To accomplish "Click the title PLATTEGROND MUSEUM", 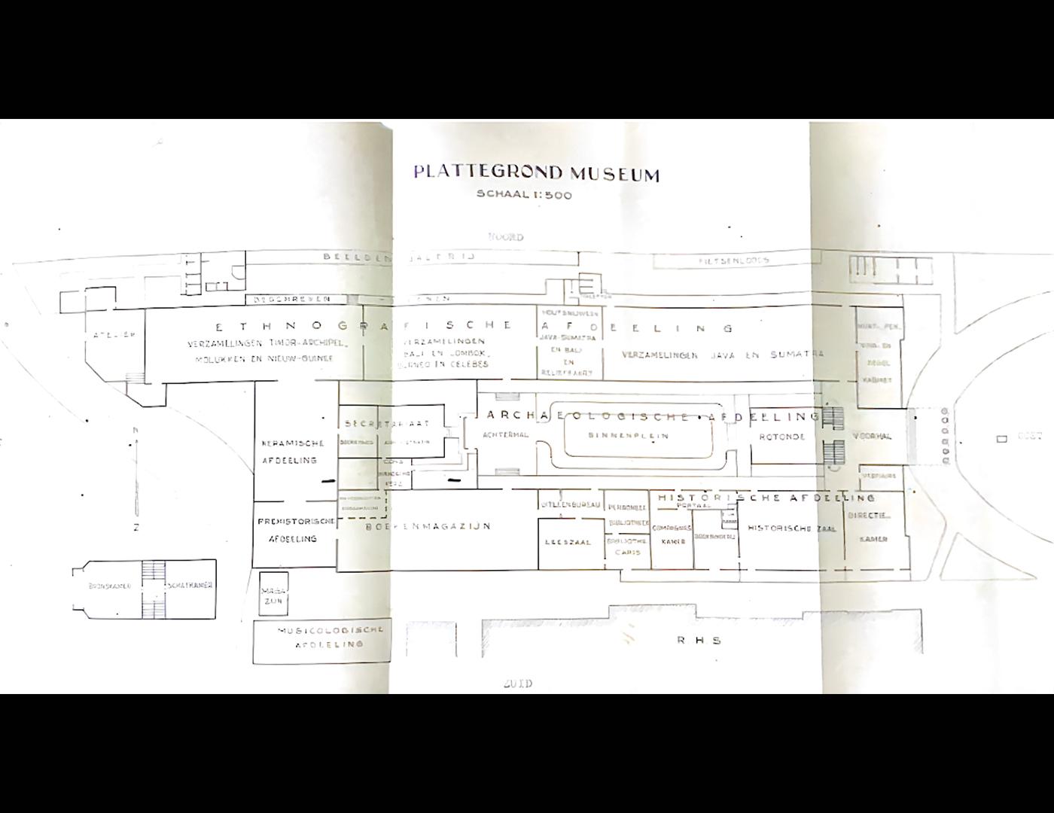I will pyautogui.click(x=536, y=174).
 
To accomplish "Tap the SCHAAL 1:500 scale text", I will pyautogui.click(x=524, y=195).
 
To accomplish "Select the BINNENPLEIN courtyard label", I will pyautogui.click(x=628, y=435).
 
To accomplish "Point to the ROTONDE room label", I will pyautogui.click(x=782, y=437).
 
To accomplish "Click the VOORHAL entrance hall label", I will pyautogui.click(x=872, y=436).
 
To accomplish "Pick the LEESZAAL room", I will pyautogui.click(x=568, y=542).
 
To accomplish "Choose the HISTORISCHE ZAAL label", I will pyautogui.click(x=791, y=528).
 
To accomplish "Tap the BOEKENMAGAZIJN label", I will pyautogui.click(x=428, y=526).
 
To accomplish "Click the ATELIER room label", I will pyautogui.click(x=114, y=335).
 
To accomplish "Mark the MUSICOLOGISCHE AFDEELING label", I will pyautogui.click(x=331, y=637).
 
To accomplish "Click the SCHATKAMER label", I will pyautogui.click(x=191, y=585).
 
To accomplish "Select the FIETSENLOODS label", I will pyautogui.click(x=733, y=260).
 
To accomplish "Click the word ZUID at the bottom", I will pyautogui.click(x=517, y=684).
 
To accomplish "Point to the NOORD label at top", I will pyautogui.click(x=506, y=237).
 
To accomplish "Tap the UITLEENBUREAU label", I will pyautogui.click(x=570, y=504).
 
